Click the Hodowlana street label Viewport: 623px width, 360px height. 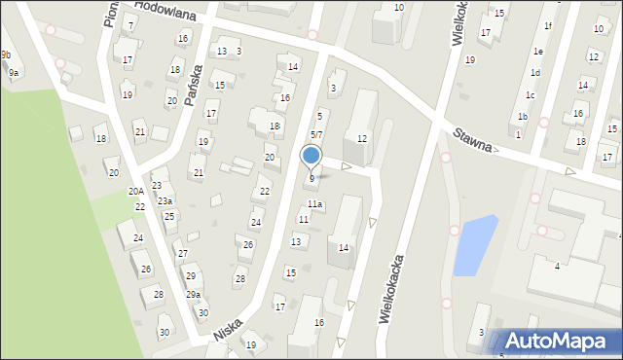(165, 11)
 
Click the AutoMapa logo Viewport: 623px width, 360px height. (560, 342)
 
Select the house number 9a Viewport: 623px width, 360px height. (14, 73)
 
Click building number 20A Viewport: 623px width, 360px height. (136, 192)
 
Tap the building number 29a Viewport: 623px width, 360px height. (194, 294)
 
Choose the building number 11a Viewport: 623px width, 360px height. (315, 204)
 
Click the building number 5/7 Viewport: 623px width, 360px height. (316, 134)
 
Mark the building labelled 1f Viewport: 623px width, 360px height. (548, 26)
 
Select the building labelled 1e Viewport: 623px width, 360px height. (538, 51)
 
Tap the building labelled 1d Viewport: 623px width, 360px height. (534, 73)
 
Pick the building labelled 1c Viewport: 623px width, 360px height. (530, 95)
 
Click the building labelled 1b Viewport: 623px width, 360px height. (523, 117)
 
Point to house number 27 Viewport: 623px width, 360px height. (181, 254)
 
